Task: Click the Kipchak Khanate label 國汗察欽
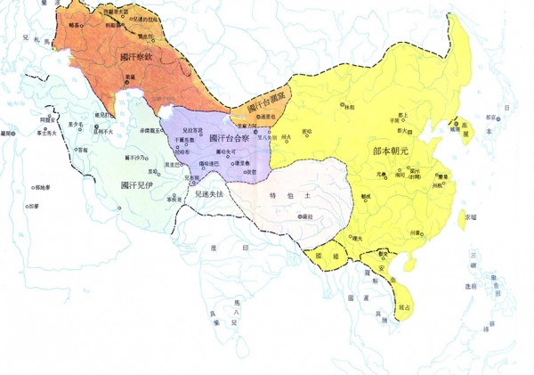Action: pos(135,55)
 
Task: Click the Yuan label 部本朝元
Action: pos(392,152)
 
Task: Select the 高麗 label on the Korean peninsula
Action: pos(459,127)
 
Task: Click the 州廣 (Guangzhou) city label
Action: pos(414,232)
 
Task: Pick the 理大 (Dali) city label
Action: pos(357,238)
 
